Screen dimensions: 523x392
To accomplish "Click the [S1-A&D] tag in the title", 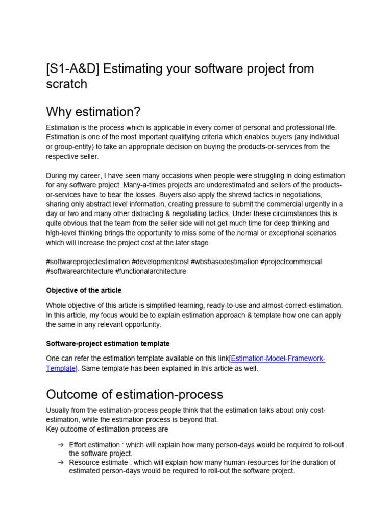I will click(x=72, y=68).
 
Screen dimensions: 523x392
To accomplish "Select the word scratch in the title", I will click(x=66, y=84).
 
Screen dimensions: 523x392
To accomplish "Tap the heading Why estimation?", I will click(x=93, y=111).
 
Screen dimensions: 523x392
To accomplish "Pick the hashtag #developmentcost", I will click(x=160, y=262).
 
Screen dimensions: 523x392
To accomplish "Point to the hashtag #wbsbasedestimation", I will click(x=225, y=262).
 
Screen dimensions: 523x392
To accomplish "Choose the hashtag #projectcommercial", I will click(x=291, y=262).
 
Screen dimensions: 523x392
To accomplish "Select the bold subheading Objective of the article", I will click(x=84, y=290).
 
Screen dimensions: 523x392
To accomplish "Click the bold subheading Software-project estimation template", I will click(x=108, y=343).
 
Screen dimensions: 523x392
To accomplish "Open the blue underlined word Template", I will click(x=61, y=368).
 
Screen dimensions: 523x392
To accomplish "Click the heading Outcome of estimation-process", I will click(x=134, y=394).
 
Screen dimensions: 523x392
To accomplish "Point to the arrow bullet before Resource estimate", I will click(x=60, y=462).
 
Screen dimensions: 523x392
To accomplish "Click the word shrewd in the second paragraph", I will click(x=220, y=194).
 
